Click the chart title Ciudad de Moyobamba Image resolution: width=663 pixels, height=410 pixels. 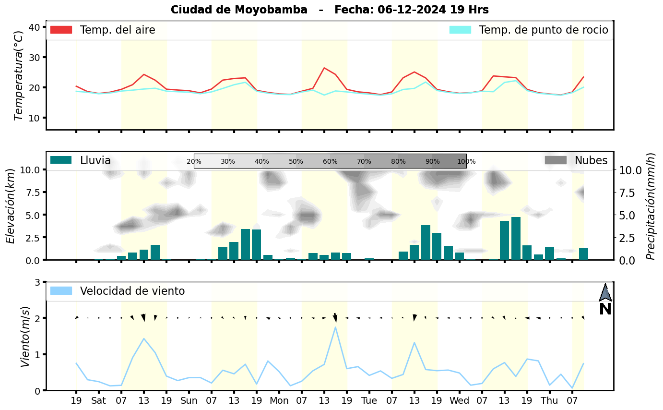coord(239,10)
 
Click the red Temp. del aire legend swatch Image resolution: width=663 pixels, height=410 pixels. coord(61,30)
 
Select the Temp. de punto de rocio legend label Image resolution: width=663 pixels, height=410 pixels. coord(544,30)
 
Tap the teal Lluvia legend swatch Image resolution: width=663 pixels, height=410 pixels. coord(61,160)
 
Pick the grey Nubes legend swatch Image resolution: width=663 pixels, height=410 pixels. coord(556,160)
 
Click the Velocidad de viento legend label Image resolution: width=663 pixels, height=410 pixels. coord(132,291)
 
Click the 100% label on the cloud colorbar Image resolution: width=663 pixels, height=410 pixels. coord(466,162)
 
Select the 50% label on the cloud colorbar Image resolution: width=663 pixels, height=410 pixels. coord(296,162)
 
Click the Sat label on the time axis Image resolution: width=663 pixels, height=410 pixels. coord(99,400)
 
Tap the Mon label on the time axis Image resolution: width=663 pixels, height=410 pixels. coord(279,400)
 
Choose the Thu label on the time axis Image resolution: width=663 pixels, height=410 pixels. coord(550,400)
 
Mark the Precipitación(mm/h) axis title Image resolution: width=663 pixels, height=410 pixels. coord(651,206)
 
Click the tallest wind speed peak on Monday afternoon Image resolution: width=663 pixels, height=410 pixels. coord(335,327)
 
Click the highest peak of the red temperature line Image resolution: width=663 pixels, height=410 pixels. coord(324,68)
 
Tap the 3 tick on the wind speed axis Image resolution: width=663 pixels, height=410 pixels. coord(37,282)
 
